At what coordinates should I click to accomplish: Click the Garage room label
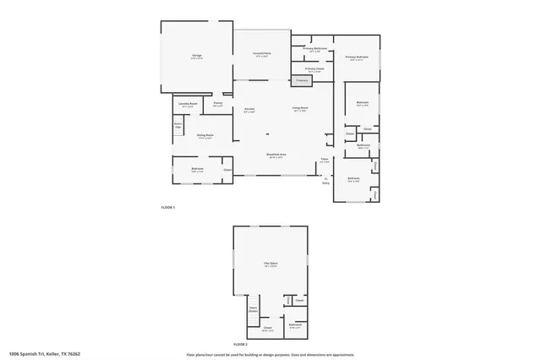pos(196,56)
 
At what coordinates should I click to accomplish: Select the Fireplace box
pos(301,80)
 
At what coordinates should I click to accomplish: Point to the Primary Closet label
pos(314,70)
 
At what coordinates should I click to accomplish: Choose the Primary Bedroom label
pos(357,58)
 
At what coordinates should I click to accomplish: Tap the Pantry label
pos(217,105)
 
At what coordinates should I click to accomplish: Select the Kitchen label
pos(249,111)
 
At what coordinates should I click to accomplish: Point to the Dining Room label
pos(205,136)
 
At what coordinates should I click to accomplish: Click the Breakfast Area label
pos(275,155)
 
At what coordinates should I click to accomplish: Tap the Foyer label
pos(324,161)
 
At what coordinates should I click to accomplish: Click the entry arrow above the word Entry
pos(321,177)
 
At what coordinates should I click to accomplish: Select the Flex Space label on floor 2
pos(270,265)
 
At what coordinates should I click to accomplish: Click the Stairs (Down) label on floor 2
pos(253,309)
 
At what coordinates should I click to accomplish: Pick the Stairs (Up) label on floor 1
pos(178,126)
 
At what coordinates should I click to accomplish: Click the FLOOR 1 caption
pos(167,207)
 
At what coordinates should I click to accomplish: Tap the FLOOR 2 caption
pos(240,345)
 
